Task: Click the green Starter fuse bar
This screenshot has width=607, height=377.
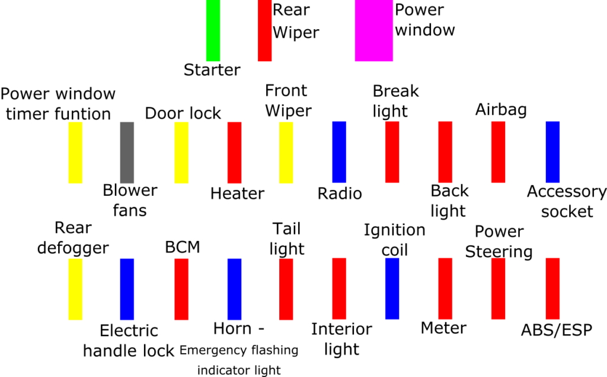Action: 213,30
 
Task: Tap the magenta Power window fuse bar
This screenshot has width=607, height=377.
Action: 373,30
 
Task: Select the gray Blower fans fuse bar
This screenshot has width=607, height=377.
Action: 127,152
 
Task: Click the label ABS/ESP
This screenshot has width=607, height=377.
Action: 556,330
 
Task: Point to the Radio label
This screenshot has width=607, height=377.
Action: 340,194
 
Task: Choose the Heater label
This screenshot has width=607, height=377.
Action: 237,194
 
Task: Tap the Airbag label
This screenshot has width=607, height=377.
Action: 501,110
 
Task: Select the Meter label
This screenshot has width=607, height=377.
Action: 443,328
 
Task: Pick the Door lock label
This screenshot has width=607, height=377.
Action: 183,113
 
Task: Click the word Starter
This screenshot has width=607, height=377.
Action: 212,70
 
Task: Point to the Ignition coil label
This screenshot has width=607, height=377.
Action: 394,239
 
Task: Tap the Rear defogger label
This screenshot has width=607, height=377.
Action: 73,237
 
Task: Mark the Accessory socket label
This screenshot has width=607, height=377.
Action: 567,201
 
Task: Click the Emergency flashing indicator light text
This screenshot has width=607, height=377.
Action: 239,360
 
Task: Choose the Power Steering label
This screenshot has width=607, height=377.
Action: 499,242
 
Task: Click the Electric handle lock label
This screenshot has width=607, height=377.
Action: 129,340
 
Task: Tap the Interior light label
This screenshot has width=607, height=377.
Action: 341,339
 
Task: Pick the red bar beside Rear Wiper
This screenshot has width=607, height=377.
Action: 264,30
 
